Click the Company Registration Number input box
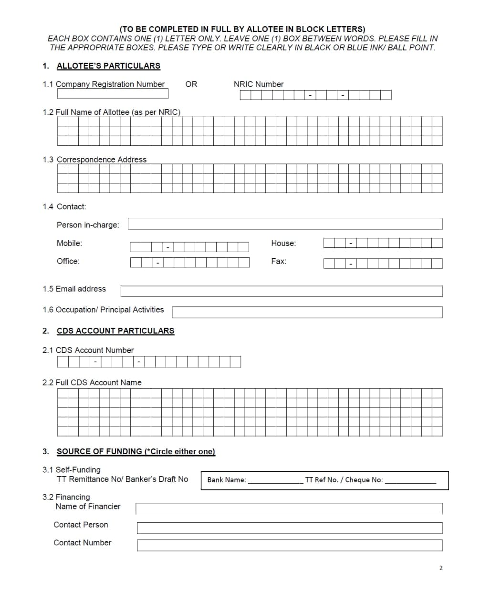(x=113, y=93)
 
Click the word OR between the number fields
(x=191, y=84)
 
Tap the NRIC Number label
(x=258, y=84)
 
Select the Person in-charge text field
(x=285, y=224)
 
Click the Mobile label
(x=69, y=243)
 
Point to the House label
(x=283, y=243)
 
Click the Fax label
(x=278, y=261)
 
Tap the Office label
(x=68, y=261)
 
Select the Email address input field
(x=281, y=291)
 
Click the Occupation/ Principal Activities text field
(x=307, y=312)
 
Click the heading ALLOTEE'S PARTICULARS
(x=108, y=66)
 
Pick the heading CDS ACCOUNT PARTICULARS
(x=115, y=331)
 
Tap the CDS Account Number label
(x=94, y=350)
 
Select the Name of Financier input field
(x=289, y=508)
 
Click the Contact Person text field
(x=289, y=528)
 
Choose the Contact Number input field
(x=289, y=545)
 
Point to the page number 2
(x=440, y=568)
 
